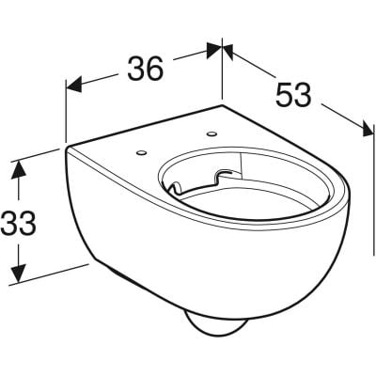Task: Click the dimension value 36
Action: click(146, 69)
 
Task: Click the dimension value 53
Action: click(293, 95)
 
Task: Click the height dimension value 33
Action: click(18, 223)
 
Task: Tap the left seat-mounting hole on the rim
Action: click(141, 152)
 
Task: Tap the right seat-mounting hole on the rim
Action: click(211, 134)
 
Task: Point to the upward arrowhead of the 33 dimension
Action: click(18, 170)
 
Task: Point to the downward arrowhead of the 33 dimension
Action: click(18, 273)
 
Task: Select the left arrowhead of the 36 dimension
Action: click(74, 84)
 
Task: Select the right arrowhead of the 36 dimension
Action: click(213, 50)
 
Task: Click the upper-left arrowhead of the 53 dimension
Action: click(228, 52)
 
